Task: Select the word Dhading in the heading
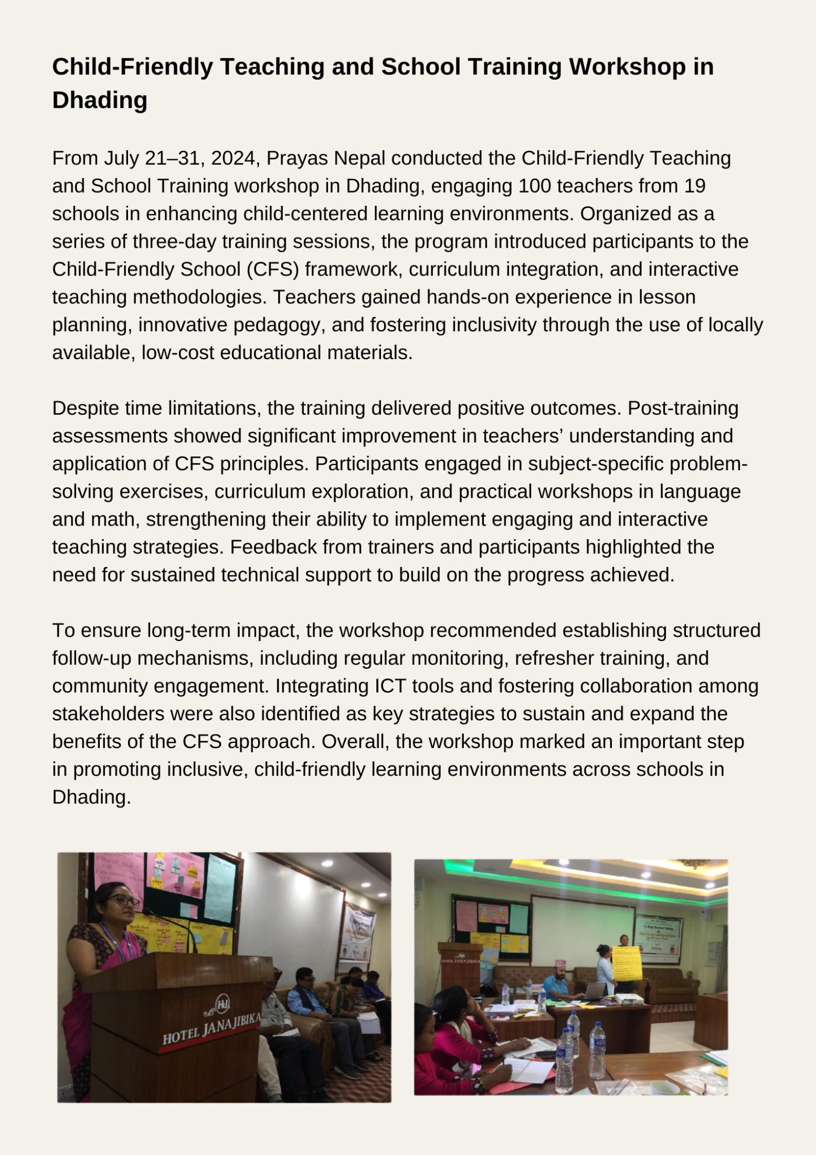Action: (x=100, y=100)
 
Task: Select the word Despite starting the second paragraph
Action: (x=87, y=408)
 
